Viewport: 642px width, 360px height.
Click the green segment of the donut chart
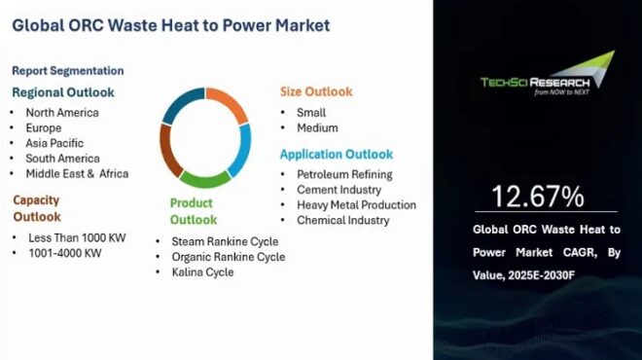(x=205, y=179)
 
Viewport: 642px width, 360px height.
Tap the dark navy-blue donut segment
(x=181, y=105)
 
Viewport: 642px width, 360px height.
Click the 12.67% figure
(x=537, y=198)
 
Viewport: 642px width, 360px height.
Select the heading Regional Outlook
(x=63, y=92)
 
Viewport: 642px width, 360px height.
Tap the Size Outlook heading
(x=316, y=91)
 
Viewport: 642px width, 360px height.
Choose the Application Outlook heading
(x=337, y=154)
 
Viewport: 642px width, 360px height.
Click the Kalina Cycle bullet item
(x=202, y=272)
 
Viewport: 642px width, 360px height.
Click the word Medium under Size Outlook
(x=317, y=127)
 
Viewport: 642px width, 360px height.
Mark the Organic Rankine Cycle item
(x=228, y=257)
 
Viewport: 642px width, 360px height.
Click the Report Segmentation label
(x=68, y=70)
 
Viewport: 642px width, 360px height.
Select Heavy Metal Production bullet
(x=356, y=205)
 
